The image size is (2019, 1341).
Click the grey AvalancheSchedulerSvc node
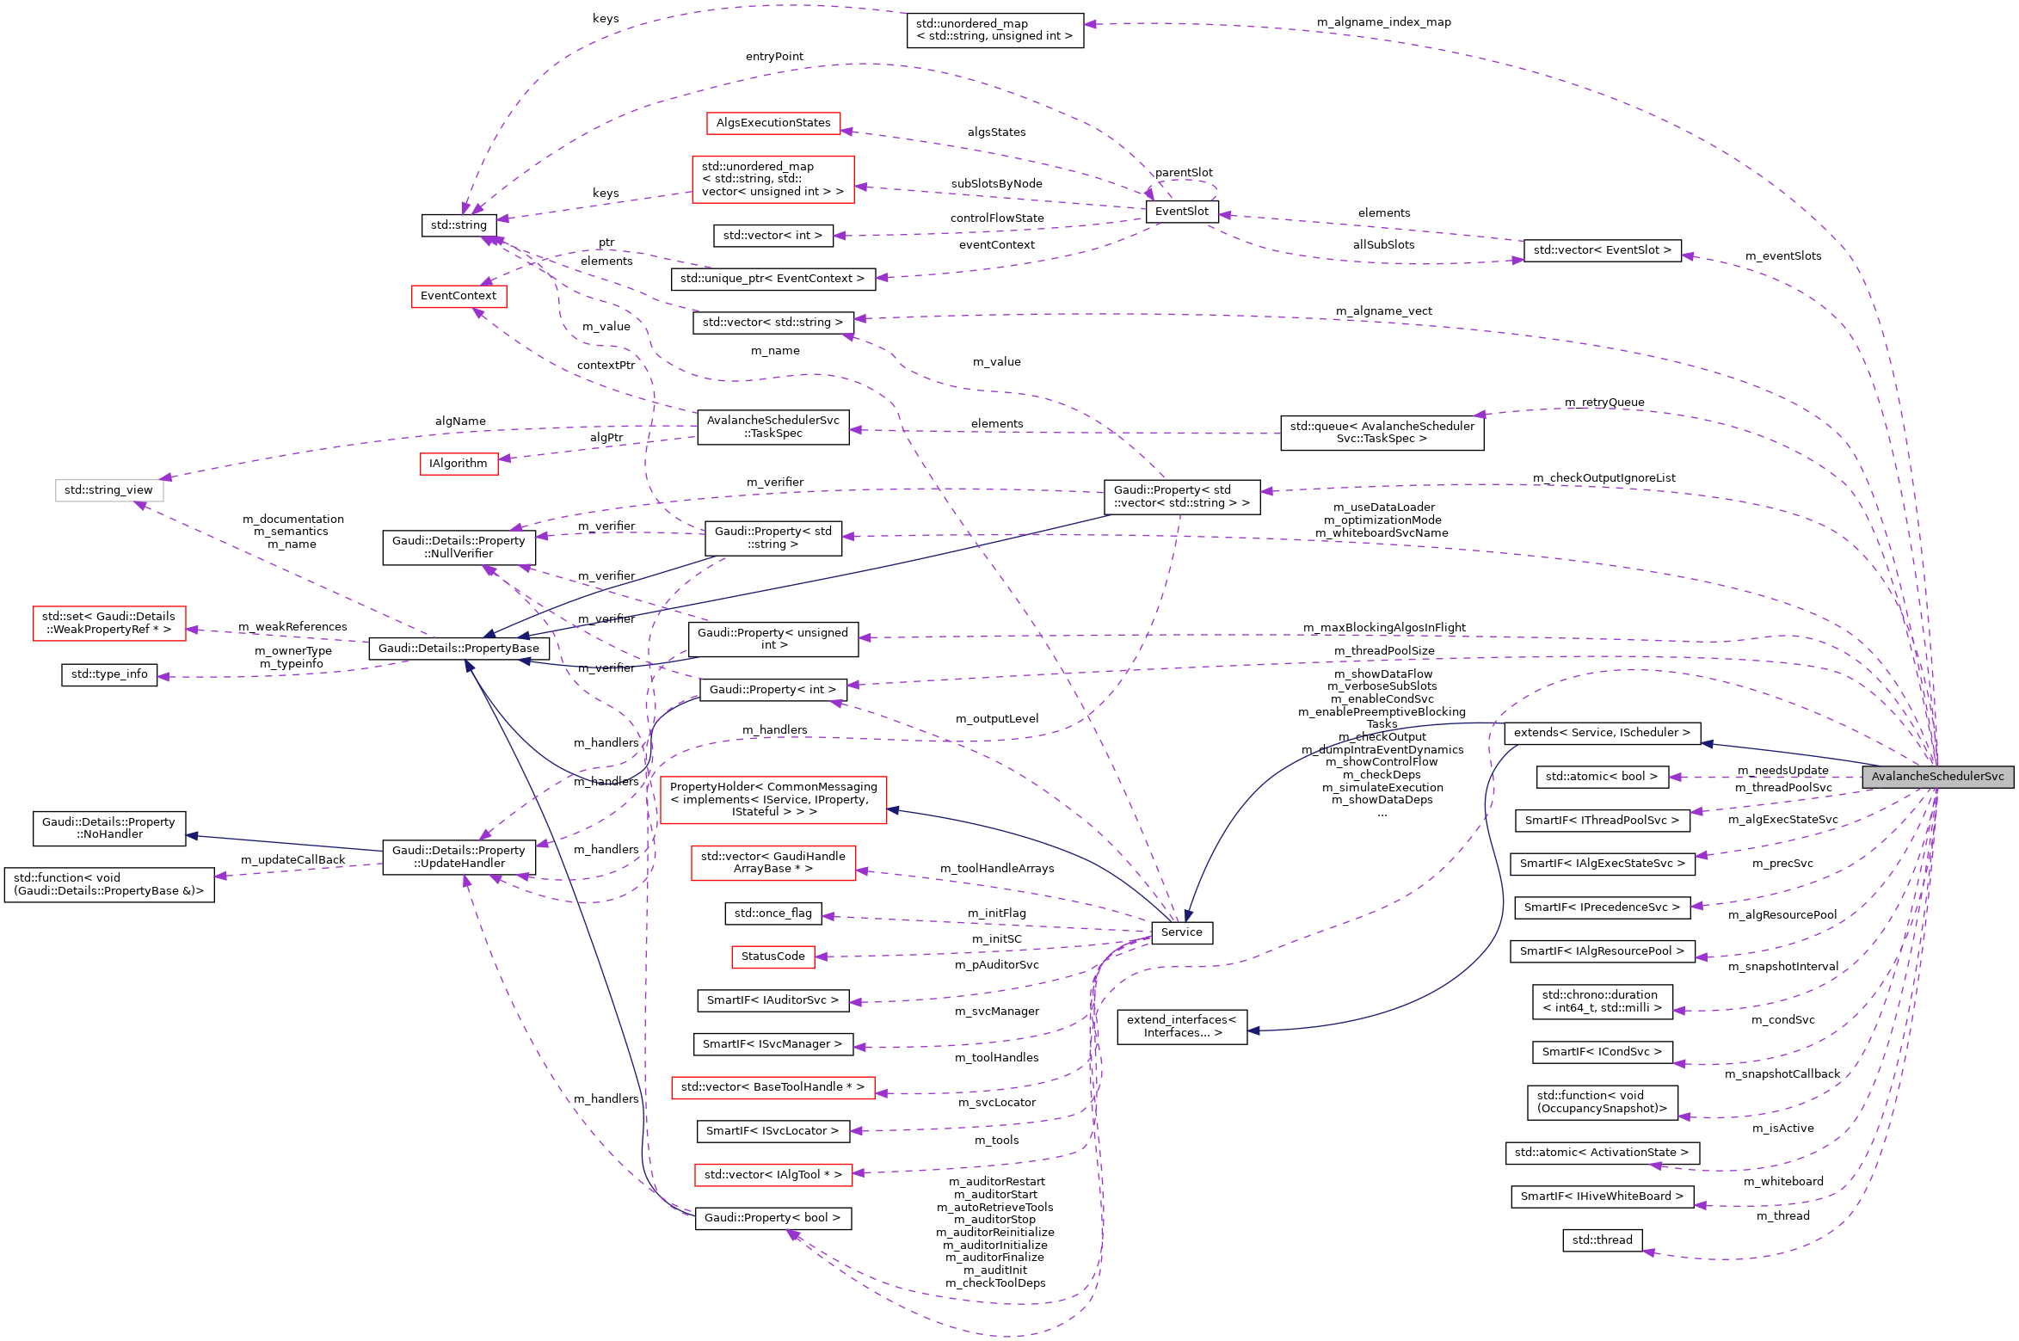tap(1937, 777)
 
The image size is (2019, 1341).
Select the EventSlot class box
tap(1181, 212)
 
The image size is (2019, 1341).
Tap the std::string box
tap(459, 225)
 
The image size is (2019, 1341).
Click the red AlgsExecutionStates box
tap(773, 123)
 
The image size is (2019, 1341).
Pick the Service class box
tap(1181, 932)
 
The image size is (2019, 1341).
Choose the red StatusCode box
tap(773, 957)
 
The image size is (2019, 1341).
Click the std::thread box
tap(1602, 1240)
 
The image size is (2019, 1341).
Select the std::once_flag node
tap(773, 913)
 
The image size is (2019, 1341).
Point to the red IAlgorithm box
tap(458, 464)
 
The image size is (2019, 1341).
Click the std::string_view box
tap(108, 490)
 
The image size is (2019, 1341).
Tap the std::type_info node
tap(109, 674)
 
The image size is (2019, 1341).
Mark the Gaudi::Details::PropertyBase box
tap(459, 649)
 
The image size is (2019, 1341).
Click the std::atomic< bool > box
tap(1601, 777)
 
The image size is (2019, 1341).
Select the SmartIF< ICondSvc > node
tap(1601, 1052)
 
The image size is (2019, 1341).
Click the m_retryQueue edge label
tap(1604, 403)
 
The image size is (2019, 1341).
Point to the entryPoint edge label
tap(774, 57)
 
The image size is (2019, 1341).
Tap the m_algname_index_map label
tap(1383, 22)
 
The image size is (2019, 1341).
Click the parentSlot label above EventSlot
tap(1184, 173)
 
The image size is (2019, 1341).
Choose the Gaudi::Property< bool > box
tap(772, 1218)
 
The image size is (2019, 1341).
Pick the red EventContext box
tap(459, 296)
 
